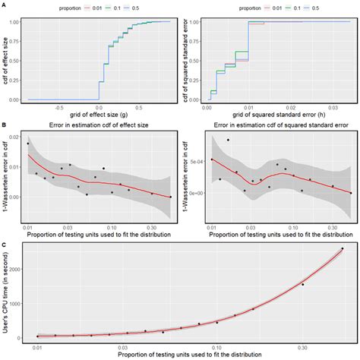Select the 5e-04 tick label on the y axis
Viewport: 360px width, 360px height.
(194, 160)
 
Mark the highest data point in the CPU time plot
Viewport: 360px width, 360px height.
(342, 248)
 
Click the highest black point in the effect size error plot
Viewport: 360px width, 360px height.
(28, 143)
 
